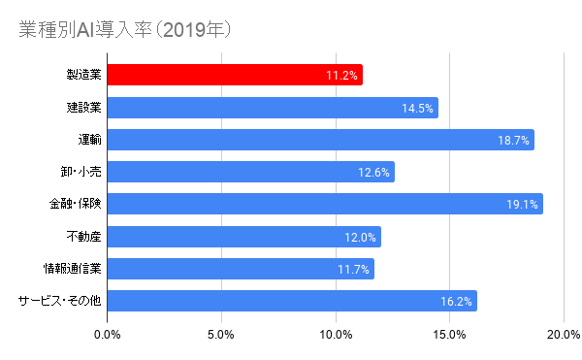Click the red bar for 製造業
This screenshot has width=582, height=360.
tap(233, 75)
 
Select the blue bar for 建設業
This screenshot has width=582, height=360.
tap(272, 108)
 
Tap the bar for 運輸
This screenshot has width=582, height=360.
tap(320, 140)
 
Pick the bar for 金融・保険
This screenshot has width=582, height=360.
tap(324, 205)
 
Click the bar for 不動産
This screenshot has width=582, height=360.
tap(242, 237)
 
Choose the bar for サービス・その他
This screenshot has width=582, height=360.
tap(291, 301)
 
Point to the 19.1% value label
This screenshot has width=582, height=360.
tap(522, 205)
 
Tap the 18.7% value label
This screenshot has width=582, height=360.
tap(513, 140)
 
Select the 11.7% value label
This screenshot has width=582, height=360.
tap(354, 269)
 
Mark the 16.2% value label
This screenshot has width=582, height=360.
tap(456, 302)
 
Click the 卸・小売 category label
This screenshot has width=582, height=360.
tap(81, 172)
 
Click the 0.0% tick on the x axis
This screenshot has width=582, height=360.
tap(107, 335)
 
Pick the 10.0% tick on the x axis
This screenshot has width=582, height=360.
tap(336, 335)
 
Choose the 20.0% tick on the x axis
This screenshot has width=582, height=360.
tap(563, 335)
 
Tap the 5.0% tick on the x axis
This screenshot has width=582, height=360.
tap(221, 335)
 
